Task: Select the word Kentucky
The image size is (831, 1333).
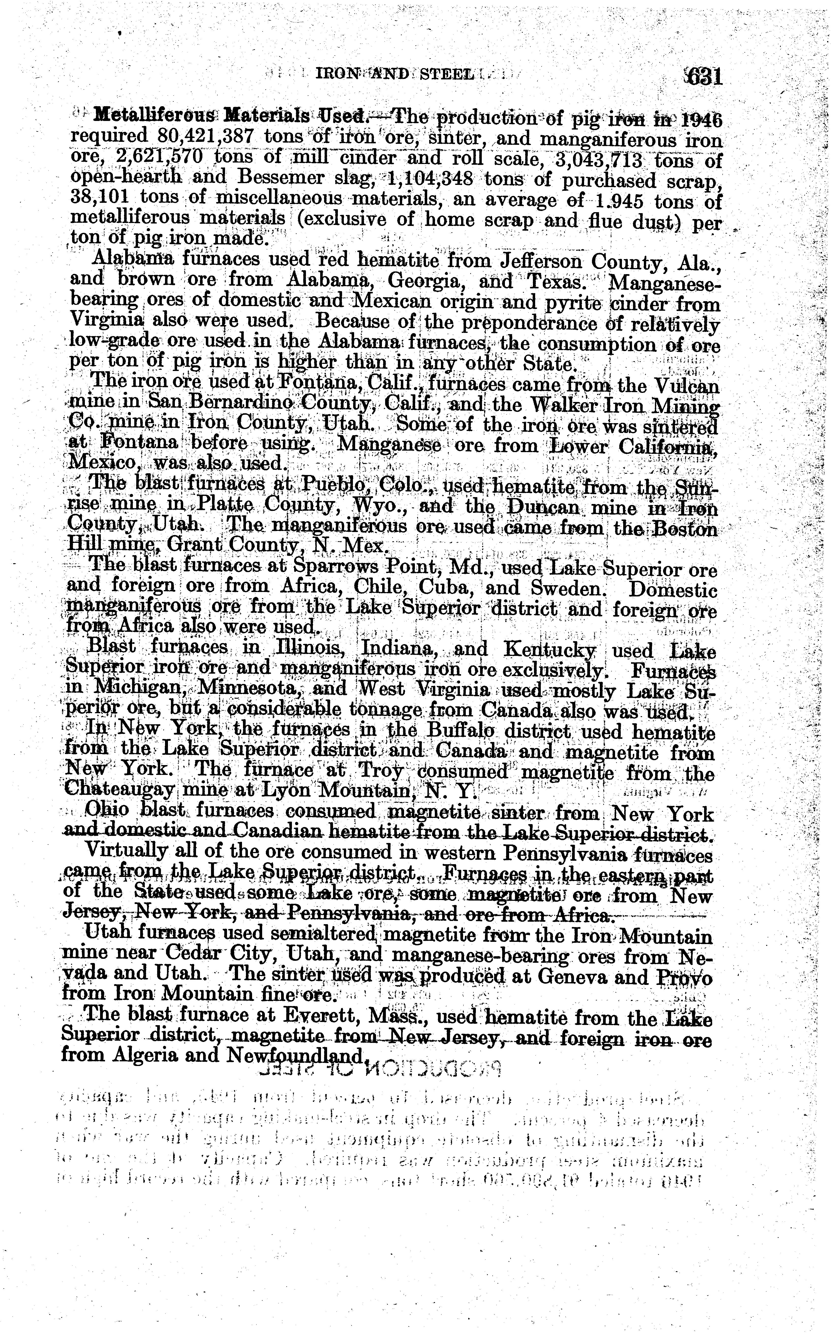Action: [550, 651]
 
